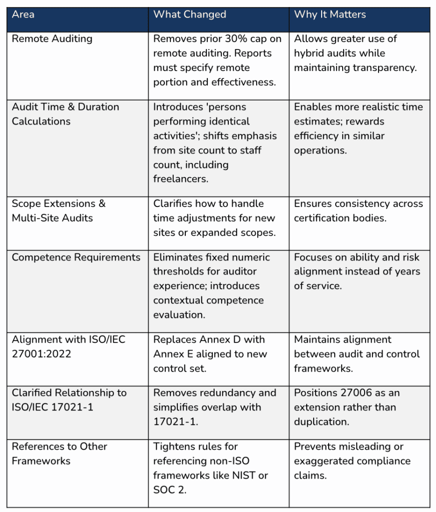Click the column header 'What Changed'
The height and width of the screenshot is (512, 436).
point(189,14)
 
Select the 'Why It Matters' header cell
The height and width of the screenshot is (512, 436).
point(330,14)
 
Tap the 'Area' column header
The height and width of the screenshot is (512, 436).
point(23,14)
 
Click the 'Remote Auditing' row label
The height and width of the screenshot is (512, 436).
point(52,39)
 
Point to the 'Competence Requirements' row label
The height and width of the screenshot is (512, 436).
point(76,257)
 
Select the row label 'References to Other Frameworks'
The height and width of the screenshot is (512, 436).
point(59,453)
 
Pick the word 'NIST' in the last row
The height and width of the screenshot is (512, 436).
point(245,475)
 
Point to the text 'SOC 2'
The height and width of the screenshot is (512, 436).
point(168,490)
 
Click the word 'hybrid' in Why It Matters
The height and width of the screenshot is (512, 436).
point(309,53)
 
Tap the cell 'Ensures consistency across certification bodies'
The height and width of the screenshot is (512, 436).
point(359,210)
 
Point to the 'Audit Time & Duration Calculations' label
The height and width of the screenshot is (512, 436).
point(65,114)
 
